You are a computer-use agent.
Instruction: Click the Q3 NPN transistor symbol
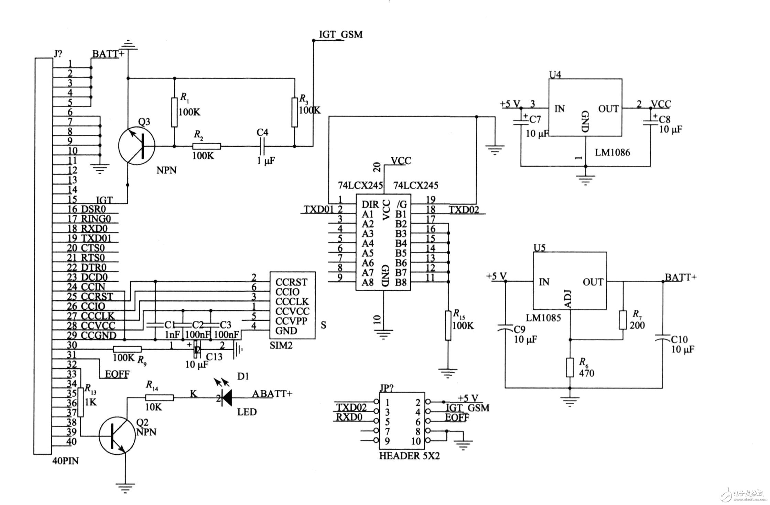coord(137,146)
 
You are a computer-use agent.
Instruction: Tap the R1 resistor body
coord(174,112)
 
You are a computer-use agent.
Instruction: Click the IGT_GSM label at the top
coord(340,35)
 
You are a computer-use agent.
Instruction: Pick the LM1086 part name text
coord(612,152)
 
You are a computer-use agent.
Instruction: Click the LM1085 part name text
coord(543,318)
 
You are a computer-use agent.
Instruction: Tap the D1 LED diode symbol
coord(226,398)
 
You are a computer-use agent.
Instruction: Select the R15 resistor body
coord(448,326)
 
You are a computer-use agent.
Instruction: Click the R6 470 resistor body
coord(570,368)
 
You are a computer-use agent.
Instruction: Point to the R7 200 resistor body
coord(623,320)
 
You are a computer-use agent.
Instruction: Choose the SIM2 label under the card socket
coord(281,345)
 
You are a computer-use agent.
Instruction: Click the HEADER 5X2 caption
coord(409,456)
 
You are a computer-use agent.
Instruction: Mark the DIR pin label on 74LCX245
coord(370,205)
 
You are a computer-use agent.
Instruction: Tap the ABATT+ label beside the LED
coord(272,394)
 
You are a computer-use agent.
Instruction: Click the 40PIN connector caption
coord(65,461)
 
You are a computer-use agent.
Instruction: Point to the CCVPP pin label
coord(291,321)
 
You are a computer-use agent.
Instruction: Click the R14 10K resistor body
coord(160,398)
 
